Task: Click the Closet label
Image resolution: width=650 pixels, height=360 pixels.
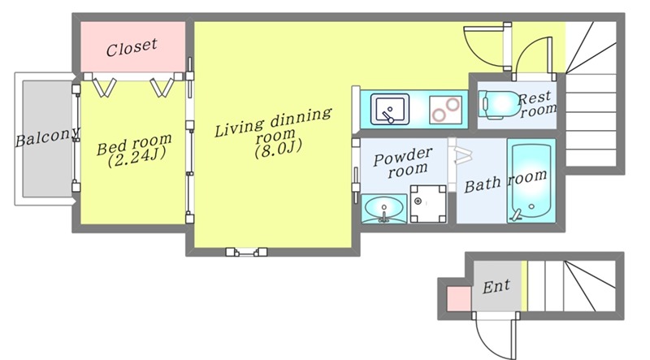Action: click(132, 46)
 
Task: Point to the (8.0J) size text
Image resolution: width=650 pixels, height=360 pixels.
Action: click(278, 149)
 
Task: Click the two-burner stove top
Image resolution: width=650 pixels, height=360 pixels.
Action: click(444, 107)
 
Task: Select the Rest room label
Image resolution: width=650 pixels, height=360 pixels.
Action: click(537, 102)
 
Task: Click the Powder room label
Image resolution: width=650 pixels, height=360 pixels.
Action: click(403, 161)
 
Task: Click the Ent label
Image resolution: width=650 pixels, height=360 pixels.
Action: click(496, 286)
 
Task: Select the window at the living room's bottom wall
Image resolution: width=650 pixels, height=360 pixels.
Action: click(247, 252)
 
